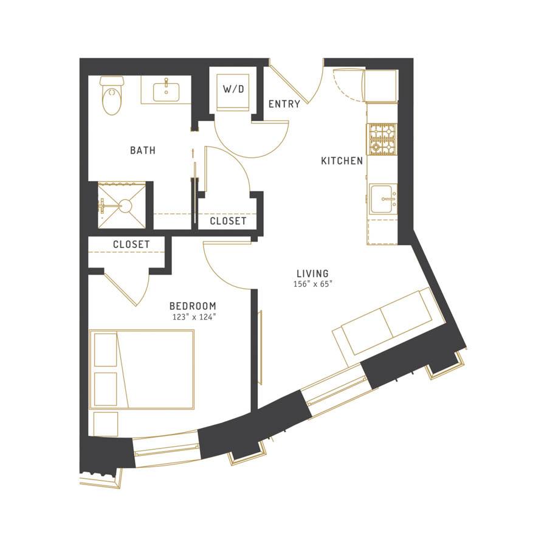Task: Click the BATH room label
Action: (143, 150)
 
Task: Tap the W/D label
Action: (233, 89)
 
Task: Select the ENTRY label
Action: (284, 104)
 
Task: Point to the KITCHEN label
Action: (342, 161)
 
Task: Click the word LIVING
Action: (312, 273)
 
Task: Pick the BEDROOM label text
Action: (193, 306)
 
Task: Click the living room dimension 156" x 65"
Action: (312, 284)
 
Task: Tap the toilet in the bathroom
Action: (112, 95)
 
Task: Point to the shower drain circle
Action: (126, 205)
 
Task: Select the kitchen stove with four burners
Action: (382, 139)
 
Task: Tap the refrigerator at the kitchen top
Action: (380, 86)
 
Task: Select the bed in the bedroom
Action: (142, 369)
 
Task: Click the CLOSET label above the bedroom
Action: (131, 244)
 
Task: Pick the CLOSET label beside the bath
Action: (228, 221)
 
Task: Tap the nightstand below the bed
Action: (106, 424)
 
